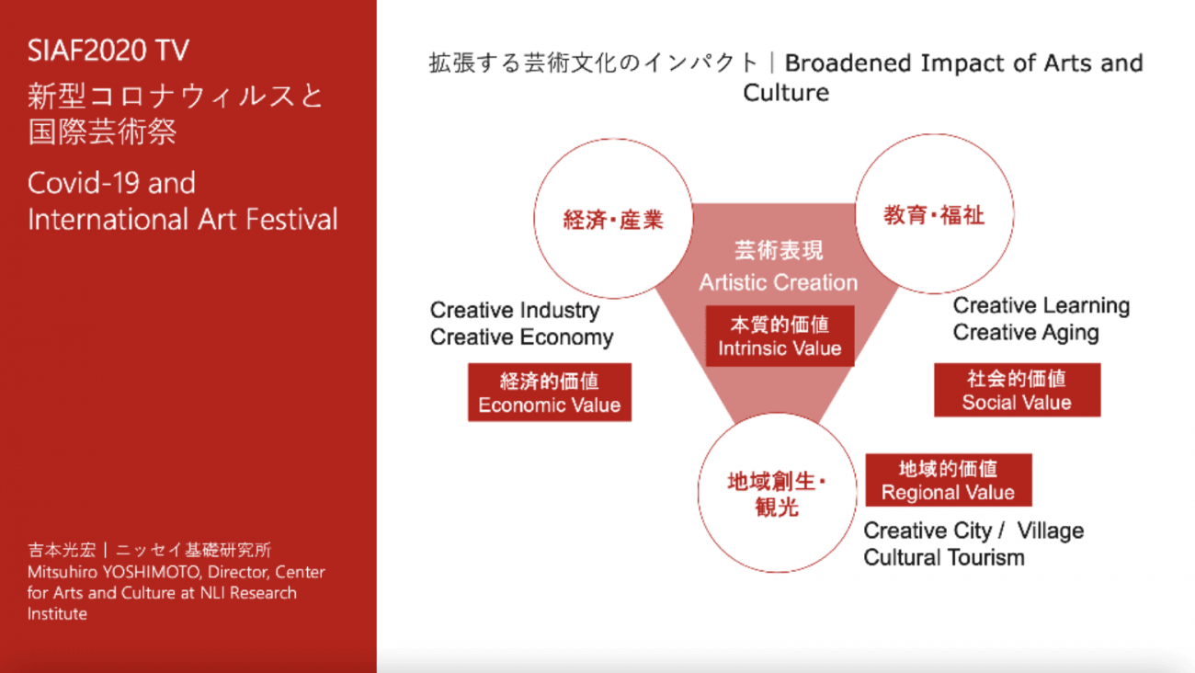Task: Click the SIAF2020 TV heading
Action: click(108, 51)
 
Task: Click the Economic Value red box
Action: click(550, 393)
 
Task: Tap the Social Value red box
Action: click(1017, 390)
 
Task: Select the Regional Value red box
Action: click(948, 480)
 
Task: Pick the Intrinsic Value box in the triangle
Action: click(780, 336)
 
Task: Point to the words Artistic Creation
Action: click(779, 282)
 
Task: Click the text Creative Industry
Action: click(515, 310)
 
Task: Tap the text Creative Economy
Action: click(522, 337)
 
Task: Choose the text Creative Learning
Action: click(1041, 305)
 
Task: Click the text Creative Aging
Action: click(1026, 333)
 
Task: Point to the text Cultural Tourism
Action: click(944, 558)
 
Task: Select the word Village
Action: click(1051, 530)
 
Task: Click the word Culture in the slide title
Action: click(786, 93)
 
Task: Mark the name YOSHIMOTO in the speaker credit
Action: click(152, 572)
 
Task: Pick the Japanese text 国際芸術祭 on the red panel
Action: click(102, 131)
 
